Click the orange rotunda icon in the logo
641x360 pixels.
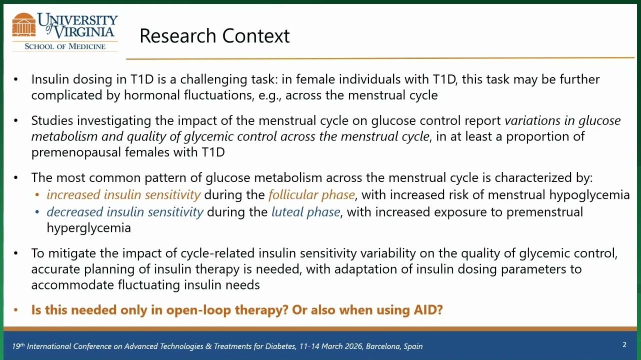pos(24,25)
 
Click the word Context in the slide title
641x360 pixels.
pos(256,36)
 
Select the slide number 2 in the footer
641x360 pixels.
pos(624,344)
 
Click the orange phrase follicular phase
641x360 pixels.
pos(311,195)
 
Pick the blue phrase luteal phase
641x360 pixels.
pos(305,212)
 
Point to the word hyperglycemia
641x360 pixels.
pos(88,228)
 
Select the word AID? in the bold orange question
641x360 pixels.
pos(428,310)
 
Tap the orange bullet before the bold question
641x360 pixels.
pos(15,310)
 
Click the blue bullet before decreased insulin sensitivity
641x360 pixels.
pos(37,212)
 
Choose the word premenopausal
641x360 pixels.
pos(76,152)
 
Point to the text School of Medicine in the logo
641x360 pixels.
pos(65,46)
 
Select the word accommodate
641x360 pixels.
pos(72,285)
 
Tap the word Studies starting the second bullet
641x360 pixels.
pos(52,120)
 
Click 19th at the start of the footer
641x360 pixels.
pos(18,346)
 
